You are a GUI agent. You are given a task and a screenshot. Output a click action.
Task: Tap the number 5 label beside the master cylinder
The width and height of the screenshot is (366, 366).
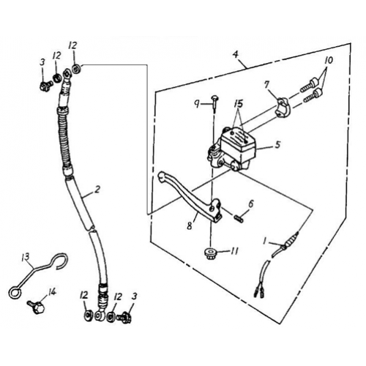pyautogui.click(x=278, y=145)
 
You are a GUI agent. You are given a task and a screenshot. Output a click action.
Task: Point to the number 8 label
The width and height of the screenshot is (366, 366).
pyautogui.click(x=189, y=226)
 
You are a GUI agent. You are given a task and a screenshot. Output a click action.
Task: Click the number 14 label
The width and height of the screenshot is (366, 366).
pyautogui.click(x=51, y=291)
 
